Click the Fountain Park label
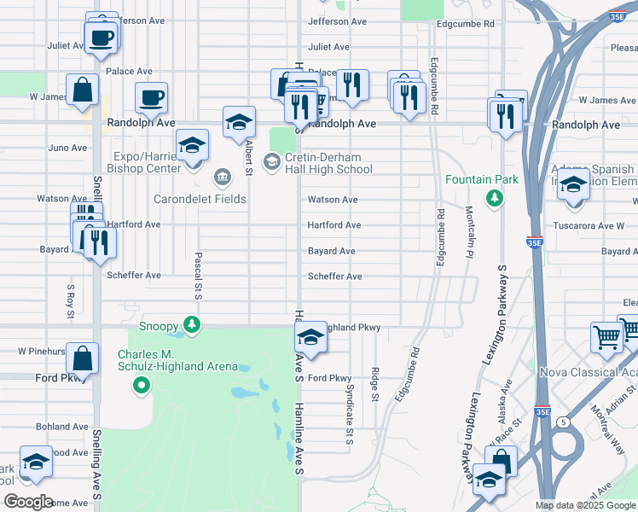(481, 180)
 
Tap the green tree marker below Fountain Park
(493, 199)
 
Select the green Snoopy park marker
(194, 324)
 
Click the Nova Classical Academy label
(589, 372)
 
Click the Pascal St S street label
(198, 276)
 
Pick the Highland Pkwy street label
(351, 328)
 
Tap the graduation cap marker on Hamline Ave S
(310, 340)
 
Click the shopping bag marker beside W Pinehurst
(82, 358)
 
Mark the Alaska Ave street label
(504, 400)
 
